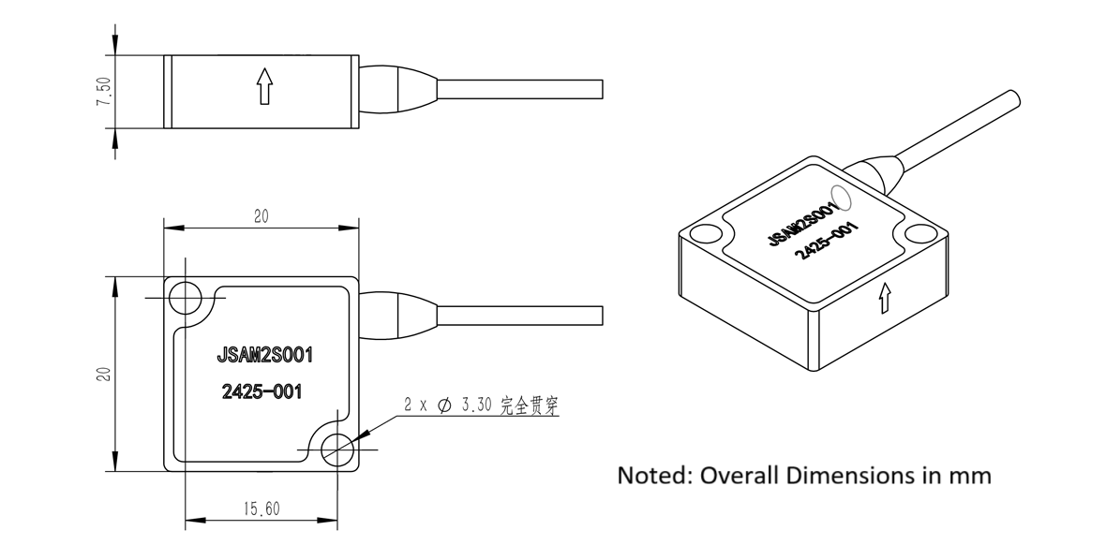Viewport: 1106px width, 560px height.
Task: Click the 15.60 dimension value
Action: point(262,509)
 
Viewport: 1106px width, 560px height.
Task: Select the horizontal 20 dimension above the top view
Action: point(262,216)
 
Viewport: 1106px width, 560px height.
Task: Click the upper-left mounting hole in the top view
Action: point(185,298)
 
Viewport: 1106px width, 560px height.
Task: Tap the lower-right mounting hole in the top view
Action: point(336,449)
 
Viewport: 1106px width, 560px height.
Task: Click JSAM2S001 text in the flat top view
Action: point(263,356)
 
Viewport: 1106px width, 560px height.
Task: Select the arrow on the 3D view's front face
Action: point(883,299)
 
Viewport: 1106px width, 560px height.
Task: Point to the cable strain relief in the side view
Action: point(399,89)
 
